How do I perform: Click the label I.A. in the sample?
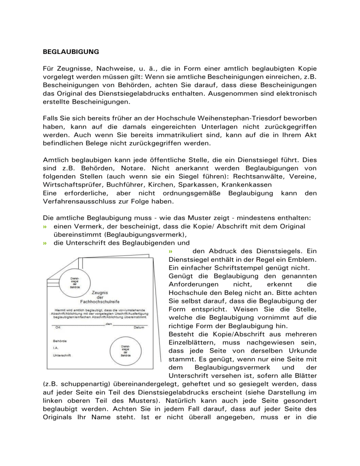click(x=56, y=347)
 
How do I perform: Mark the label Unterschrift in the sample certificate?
click(x=62, y=355)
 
